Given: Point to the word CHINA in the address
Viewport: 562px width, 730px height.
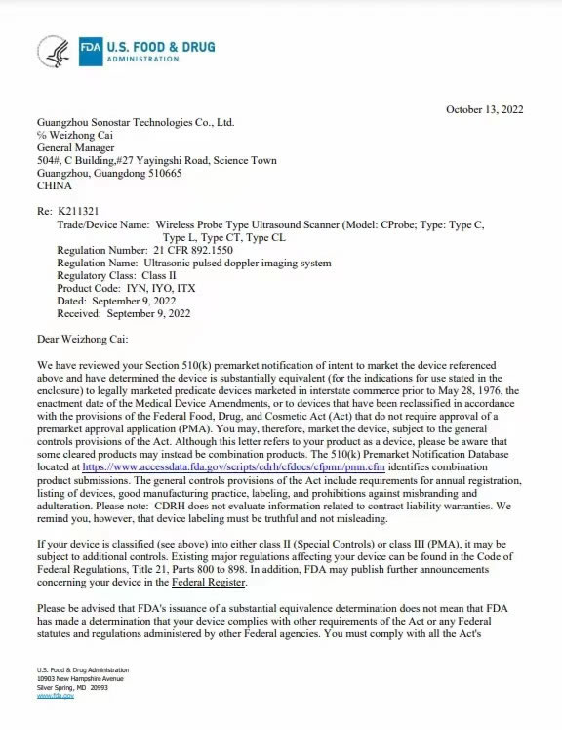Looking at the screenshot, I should click(54, 184).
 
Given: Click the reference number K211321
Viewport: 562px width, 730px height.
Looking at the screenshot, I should click(78, 210).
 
